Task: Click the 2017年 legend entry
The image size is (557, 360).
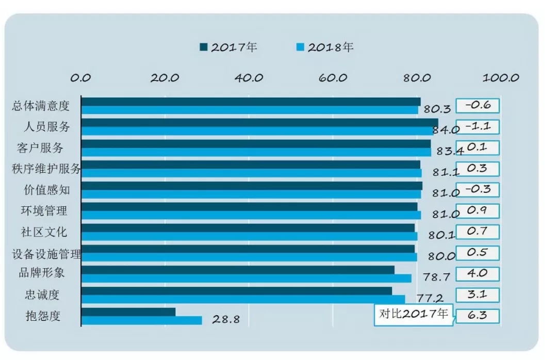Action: coord(228,47)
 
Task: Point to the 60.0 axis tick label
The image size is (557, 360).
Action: coord(333,78)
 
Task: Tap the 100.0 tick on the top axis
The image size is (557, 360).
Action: coord(500,78)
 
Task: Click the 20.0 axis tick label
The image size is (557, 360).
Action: coord(165,78)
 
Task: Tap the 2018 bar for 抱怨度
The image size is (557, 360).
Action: coord(141,320)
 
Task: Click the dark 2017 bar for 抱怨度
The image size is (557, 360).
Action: coord(128,312)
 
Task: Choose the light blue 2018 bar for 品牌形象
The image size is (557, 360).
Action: coord(247,278)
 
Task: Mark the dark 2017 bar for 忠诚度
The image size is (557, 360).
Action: coord(237,291)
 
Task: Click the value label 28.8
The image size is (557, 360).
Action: coord(226,319)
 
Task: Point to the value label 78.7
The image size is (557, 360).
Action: coord(436,277)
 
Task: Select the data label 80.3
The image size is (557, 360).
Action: coord(437,109)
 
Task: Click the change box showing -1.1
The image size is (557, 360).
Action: coord(478,126)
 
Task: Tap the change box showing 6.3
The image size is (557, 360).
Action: coord(478,316)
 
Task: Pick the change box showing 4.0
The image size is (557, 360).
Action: coord(478,273)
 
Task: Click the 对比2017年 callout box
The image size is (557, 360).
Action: coord(414,314)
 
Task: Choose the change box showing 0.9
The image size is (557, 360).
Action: coord(478,210)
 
